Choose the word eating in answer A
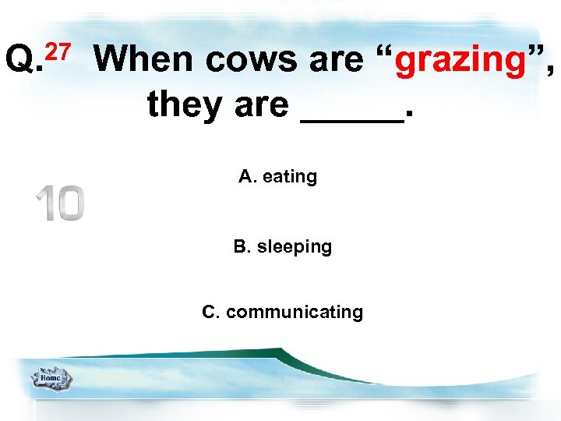coord(290,177)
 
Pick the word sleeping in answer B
coord(295,247)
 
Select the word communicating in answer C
coord(295,313)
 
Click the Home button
coord(51,379)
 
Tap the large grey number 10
coord(59,203)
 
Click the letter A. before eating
coord(248,177)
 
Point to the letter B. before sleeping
coord(242,247)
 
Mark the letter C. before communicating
coord(211,313)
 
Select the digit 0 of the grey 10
coord(69,203)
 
